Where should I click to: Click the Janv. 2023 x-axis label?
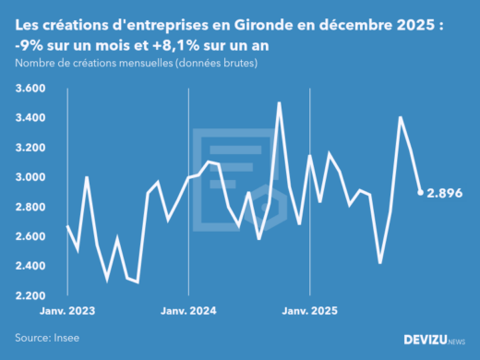coord(66,311)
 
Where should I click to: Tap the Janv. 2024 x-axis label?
coord(188,311)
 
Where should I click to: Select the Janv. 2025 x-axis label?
coord(310,311)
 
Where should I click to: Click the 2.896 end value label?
coord(445,193)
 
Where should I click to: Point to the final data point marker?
coord(421,192)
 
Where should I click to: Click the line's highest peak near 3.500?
coord(279,103)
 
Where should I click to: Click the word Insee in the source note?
coord(66,339)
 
